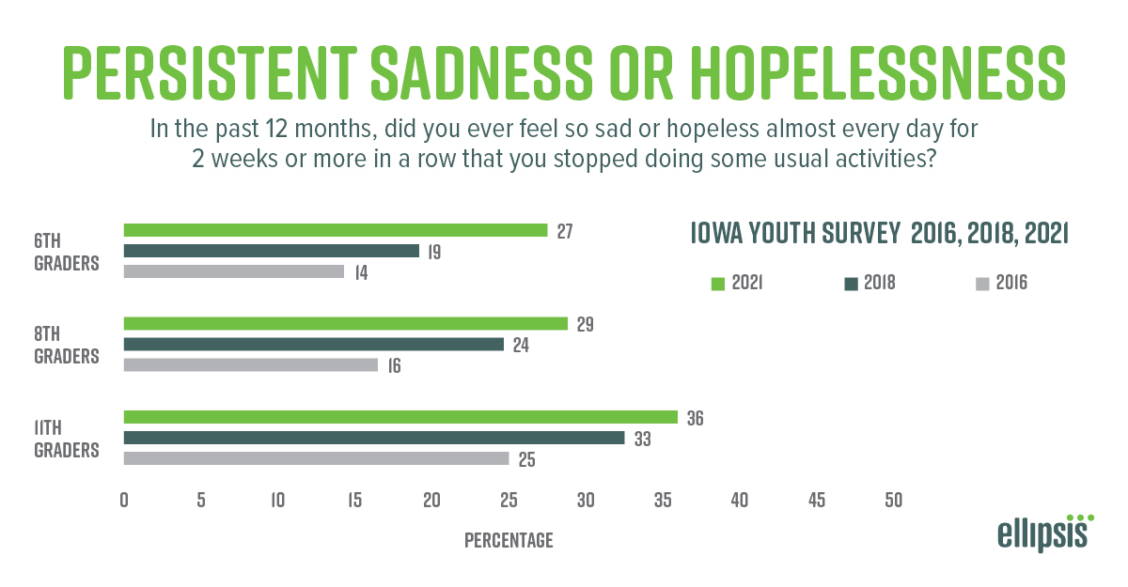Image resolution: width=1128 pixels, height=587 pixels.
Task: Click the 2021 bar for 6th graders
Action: pyautogui.click(x=336, y=230)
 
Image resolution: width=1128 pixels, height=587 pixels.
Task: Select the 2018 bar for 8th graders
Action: pyautogui.click(x=314, y=345)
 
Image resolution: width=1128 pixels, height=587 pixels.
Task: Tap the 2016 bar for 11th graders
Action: pyautogui.click(x=316, y=458)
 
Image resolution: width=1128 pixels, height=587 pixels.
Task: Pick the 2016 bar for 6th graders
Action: pyautogui.click(x=234, y=271)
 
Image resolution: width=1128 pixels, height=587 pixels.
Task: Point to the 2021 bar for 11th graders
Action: pyautogui.click(x=400, y=417)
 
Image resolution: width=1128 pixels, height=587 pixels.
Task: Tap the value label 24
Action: pyautogui.click(x=520, y=345)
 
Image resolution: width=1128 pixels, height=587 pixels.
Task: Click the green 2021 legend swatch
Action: pyautogui.click(x=716, y=282)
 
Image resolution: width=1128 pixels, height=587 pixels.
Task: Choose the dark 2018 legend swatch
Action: pyautogui.click(x=851, y=282)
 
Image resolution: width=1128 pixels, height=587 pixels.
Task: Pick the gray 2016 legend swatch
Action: pyautogui.click(x=982, y=282)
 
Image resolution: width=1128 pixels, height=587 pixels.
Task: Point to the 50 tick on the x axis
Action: pyautogui.click(x=893, y=501)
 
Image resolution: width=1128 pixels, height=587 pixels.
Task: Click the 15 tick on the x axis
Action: pyautogui.click(x=354, y=501)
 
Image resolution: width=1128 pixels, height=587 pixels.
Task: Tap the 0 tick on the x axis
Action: pyautogui.click(x=124, y=501)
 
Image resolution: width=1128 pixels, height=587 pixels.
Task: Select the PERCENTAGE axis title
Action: pyautogui.click(x=509, y=541)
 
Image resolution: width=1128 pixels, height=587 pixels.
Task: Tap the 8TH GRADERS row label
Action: pyautogui.click(x=66, y=346)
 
